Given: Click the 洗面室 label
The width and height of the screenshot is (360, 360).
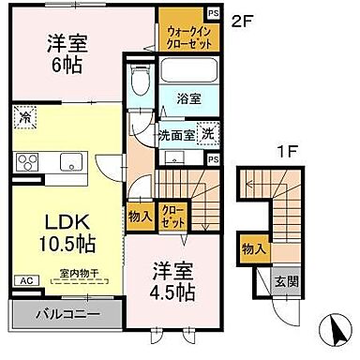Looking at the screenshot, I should pyautogui.click(x=174, y=134).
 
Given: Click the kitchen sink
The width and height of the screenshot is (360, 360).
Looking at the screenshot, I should pyautogui.click(x=72, y=163).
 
